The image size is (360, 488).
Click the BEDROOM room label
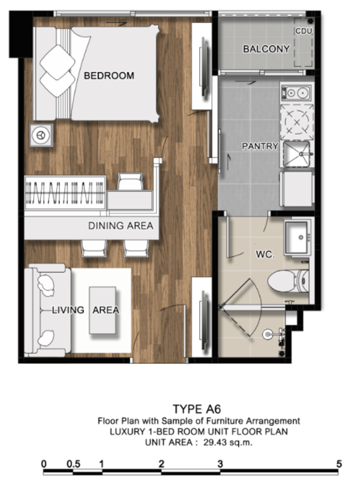pyautogui.click(x=109, y=76)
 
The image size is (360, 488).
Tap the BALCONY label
pyautogui.click(x=266, y=49)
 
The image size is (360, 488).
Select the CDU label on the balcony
pyautogui.click(x=304, y=31)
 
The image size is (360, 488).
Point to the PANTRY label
pyautogui.click(x=260, y=146)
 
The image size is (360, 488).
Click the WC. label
pyautogui.click(x=265, y=255)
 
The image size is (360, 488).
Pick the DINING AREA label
pyautogui.click(x=121, y=226)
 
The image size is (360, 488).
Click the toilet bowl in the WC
pyautogui.click(x=288, y=281)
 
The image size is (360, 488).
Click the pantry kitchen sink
pyautogui.click(x=297, y=154)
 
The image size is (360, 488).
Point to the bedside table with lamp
pyautogui.click(x=41, y=135)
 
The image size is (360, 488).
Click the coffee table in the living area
pyautogui.click(x=103, y=310)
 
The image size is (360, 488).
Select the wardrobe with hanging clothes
pyautogui.click(x=65, y=193)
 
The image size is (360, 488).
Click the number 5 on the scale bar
pyautogui.click(x=339, y=464)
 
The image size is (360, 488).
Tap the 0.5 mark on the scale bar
pyautogui.click(x=73, y=464)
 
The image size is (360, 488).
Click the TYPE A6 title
pyautogui.click(x=197, y=409)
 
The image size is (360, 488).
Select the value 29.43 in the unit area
pyautogui.click(x=215, y=442)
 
